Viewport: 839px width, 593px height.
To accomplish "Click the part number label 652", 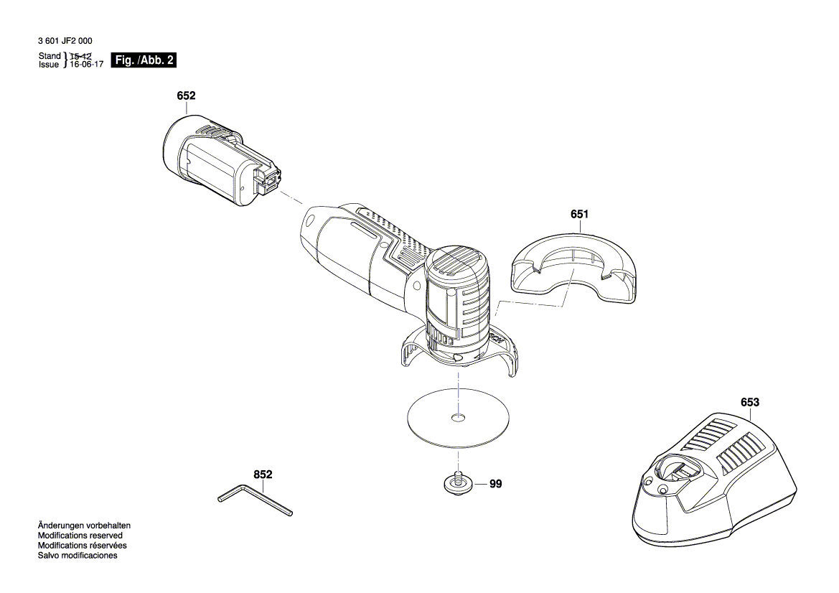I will [187, 95].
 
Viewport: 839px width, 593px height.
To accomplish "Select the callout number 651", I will [580, 214].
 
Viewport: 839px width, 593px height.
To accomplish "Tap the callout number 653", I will [749, 403].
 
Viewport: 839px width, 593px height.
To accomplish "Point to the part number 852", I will [263, 475].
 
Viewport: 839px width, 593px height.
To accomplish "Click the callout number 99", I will [496, 485].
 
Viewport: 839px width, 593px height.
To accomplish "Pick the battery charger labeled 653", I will [714, 481].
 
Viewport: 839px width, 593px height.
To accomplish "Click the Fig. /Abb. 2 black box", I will [144, 60].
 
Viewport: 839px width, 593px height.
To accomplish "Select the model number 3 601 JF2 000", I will [65, 42].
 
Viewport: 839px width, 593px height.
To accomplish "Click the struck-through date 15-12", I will [81, 56].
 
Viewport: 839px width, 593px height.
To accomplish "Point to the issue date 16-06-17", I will [85, 65].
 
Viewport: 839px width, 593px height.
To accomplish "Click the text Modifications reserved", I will [80, 536].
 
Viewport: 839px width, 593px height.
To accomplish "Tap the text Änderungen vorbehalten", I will [84, 526].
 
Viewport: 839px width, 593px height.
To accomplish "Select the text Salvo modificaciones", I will [78, 556].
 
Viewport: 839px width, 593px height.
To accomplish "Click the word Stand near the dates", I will [50, 56].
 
